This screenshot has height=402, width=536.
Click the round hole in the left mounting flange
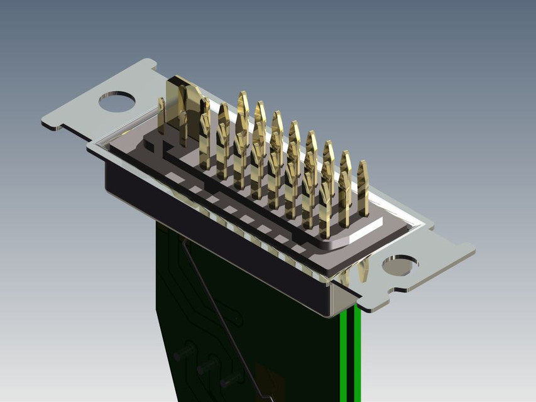[117, 101]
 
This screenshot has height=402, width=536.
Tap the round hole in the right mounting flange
[400, 265]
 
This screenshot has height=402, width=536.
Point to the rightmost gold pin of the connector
[363, 185]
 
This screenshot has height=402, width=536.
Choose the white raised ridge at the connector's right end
[361, 230]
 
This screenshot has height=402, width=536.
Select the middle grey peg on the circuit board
[208, 366]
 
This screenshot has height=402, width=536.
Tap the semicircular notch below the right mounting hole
[398, 290]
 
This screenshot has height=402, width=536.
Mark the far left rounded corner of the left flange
[45, 121]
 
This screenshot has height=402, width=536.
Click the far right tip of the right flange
[473, 251]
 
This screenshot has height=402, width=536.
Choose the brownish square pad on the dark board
[270, 380]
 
